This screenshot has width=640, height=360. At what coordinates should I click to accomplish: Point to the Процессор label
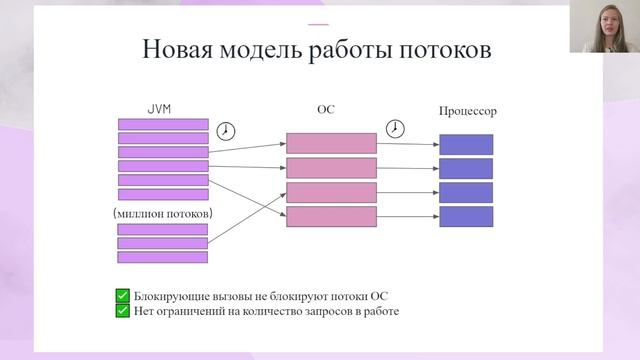[467, 110]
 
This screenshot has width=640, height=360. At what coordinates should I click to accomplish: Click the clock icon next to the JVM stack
[228, 130]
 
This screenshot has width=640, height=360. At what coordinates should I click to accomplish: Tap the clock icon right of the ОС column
[396, 129]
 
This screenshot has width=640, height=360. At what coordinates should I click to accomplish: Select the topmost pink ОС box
[331, 143]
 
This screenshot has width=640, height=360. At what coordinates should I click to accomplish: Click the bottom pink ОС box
[331, 216]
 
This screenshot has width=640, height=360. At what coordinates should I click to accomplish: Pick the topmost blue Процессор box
[466, 143]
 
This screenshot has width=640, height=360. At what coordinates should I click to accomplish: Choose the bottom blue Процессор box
[466, 216]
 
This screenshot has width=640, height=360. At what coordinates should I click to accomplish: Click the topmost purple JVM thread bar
[163, 124]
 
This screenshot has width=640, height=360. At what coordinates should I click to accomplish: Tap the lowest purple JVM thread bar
[162, 257]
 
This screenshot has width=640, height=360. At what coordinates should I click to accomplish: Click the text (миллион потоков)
[163, 214]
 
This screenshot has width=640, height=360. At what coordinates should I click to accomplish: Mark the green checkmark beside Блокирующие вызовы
[122, 295]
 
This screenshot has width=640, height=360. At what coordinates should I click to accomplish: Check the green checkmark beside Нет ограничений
[122, 310]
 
